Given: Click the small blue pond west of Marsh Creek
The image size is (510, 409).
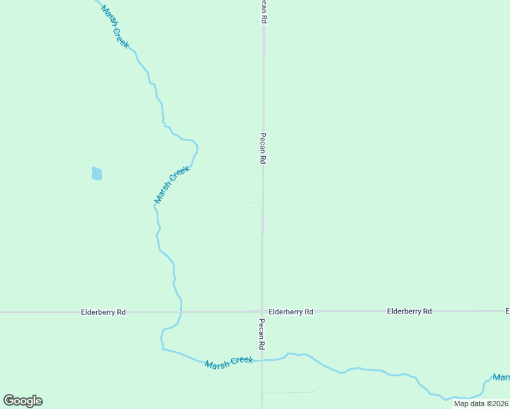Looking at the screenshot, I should click(x=97, y=173).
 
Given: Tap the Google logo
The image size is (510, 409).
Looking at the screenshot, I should click(x=22, y=401).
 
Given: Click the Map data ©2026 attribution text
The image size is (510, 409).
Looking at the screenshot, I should click(x=481, y=404).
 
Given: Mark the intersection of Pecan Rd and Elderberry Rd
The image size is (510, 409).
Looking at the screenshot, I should click(x=262, y=312).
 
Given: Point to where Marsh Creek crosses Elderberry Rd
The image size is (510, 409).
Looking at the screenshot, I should click(x=181, y=312).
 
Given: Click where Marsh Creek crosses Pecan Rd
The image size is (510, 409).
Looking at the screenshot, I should click(x=262, y=359).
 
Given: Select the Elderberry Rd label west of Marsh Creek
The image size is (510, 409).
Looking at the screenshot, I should click(x=103, y=312).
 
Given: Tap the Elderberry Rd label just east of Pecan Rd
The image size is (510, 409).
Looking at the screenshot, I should click(x=290, y=312).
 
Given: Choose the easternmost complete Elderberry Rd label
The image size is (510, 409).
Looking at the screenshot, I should click(x=409, y=312).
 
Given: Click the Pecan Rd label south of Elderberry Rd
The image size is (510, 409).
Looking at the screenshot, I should click(x=262, y=333).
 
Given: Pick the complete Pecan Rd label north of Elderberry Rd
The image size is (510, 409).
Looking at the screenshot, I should click(x=262, y=148).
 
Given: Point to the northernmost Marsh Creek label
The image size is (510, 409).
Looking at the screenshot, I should click(x=115, y=26).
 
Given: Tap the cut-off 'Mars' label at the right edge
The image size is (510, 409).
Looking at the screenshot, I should click(x=501, y=377).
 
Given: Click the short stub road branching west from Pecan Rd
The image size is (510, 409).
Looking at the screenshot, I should click(x=255, y=202).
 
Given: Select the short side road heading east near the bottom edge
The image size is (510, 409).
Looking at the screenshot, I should click(x=288, y=392).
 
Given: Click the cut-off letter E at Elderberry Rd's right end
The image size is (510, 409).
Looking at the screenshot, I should click(x=507, y=312).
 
